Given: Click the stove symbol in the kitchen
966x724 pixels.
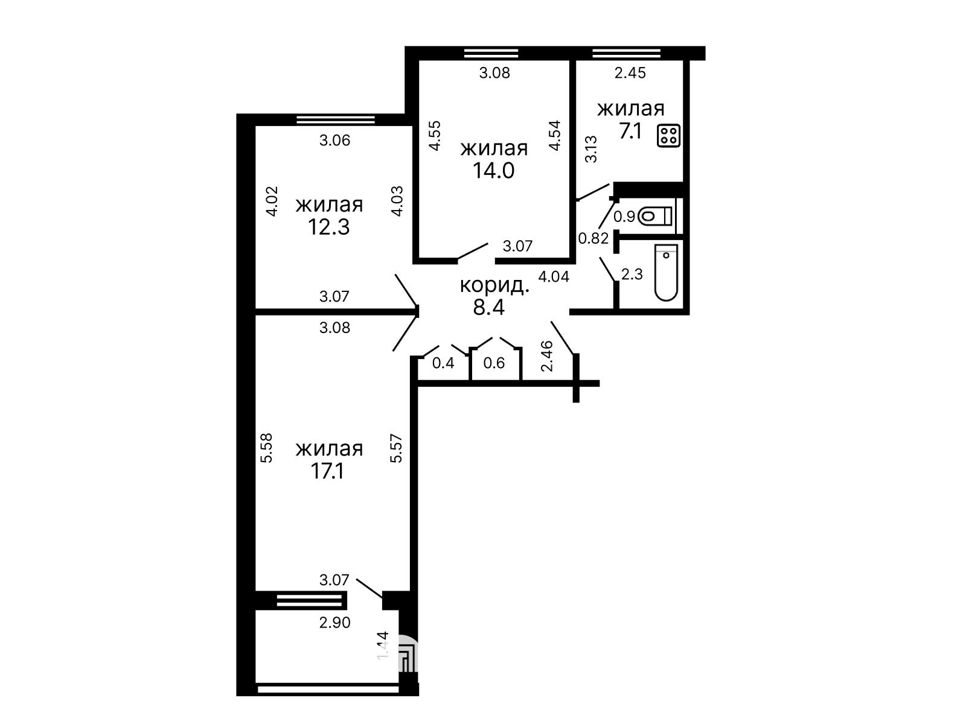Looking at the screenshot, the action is pos(668,135).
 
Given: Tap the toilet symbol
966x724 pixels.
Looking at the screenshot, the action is pos(654,216).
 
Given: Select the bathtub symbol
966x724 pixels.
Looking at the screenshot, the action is pos(666,273).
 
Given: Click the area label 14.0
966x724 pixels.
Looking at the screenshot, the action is pos(493,171).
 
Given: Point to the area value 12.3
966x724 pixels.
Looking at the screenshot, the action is pos(329,227).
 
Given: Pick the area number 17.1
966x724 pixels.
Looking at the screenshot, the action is pos(327,471).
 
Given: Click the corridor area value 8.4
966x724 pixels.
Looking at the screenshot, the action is pos(488,307).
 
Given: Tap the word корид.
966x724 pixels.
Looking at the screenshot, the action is pos(494,286).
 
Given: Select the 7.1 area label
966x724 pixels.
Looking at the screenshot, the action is pos(630,131).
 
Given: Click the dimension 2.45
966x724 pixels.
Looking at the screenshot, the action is pos(630,73).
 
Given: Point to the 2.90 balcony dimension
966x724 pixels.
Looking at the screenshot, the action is pos(335,623).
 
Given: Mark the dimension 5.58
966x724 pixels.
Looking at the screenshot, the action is pos(267,448).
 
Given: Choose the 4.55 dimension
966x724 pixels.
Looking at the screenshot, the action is pos(435,136).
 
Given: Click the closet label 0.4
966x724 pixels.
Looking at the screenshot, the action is pos(443,363).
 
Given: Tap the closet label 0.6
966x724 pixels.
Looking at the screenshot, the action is pos(494,363).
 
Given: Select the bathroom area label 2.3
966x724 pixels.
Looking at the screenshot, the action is pos(632,275).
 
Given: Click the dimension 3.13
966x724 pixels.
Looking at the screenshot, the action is pos(592,149).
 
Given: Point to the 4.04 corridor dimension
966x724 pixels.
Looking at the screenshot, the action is pos(554,276).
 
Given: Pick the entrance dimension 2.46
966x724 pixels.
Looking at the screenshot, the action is pos(546,356).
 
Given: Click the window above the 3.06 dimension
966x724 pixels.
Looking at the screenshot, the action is pos(336,119).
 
